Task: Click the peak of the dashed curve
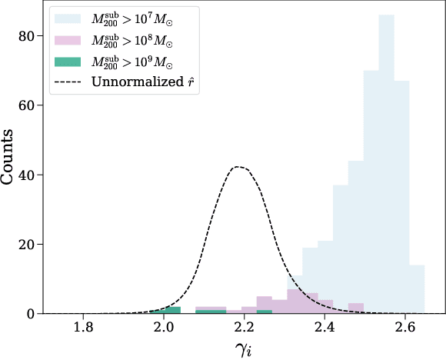pos(239,167)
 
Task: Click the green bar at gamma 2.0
pos(171,310)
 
